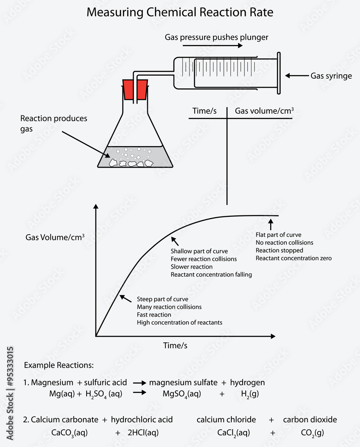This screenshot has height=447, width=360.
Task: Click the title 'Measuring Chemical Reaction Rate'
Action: [x=180, y=13]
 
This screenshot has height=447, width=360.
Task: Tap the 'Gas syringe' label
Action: [x=331, y=76]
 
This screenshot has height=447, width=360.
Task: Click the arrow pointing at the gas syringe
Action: [x=297, y=76]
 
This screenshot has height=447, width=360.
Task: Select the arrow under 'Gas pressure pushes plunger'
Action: [x=213, y=45]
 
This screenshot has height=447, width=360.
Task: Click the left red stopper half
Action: [x=128, y=89]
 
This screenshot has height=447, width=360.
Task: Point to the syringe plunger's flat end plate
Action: [x=279, y=73]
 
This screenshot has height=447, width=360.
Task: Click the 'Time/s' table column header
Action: [x=204, y=110]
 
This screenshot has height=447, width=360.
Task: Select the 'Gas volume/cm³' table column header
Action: [x=264, y=110]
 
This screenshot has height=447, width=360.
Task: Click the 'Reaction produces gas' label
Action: [x=54, y=123]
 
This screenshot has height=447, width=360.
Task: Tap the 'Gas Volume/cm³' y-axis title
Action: [x=55, y=237]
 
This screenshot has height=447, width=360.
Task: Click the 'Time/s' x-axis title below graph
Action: [x=175, y=346]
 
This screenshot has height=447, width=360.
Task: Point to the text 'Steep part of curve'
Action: [x=162, y=299]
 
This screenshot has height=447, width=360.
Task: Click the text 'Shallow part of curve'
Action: [x=199, y=251]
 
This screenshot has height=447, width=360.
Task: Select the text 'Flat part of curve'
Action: [x=278, y=235]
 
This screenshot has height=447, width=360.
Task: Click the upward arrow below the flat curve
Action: [x=271, y=224]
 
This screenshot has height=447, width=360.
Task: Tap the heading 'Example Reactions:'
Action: [x=59, y=365]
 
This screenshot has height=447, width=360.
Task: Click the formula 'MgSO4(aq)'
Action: [x=182, y=394]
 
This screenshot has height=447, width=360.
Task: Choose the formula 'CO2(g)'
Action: [x=313, y=433]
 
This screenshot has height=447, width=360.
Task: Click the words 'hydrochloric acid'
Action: [x=142, y=420]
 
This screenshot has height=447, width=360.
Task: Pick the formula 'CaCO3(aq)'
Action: [x=70, y=433]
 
